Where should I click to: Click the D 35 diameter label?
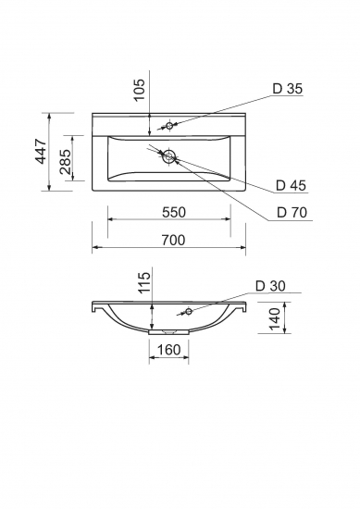point(287,88)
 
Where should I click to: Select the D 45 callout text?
point(291,185)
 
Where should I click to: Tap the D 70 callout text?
point(292,212)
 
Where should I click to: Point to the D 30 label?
point(270,286)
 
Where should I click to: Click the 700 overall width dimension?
point(173,241)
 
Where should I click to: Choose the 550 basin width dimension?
point(174,212)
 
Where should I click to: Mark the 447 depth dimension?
point(42,151)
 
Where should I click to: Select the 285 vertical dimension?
point(66,162)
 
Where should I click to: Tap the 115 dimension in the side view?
point(144,282)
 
